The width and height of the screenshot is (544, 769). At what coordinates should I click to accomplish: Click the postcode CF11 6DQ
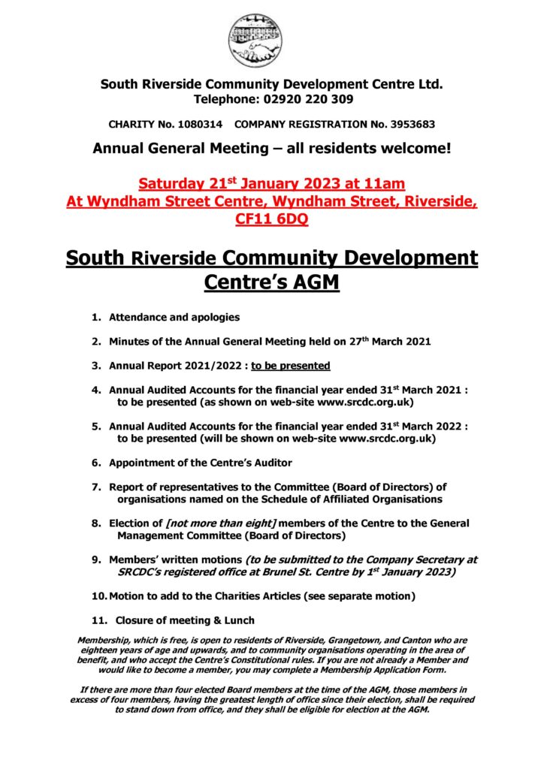(271, 219)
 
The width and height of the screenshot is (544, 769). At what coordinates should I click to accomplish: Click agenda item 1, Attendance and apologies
(174, 318)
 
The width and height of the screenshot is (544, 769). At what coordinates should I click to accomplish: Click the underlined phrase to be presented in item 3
(291, 366)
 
